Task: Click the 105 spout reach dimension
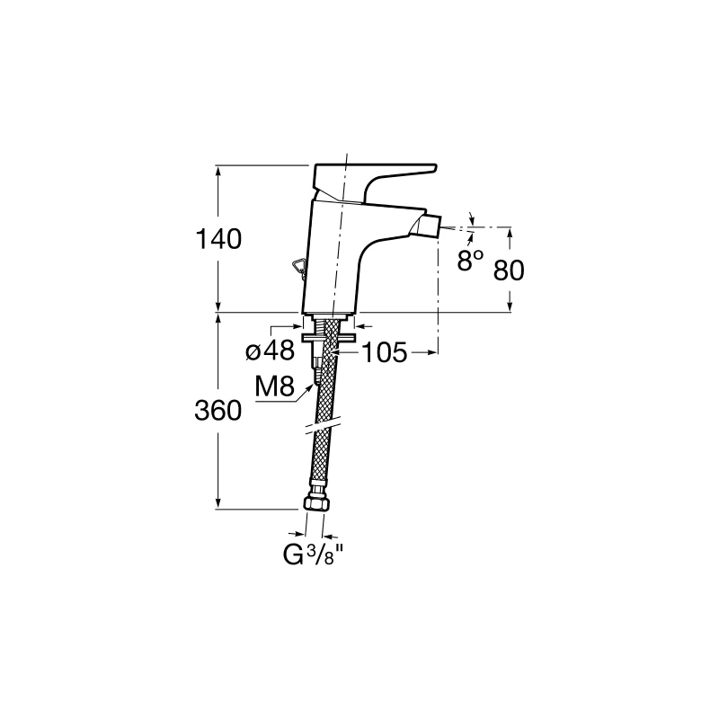coord(385,353)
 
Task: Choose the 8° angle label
coord(470,262)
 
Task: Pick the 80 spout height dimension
coord(509,269)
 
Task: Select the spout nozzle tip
coord(431,223)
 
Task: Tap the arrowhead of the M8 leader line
coord(315,381)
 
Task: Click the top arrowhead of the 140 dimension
coord(219,169)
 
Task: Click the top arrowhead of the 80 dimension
coord(510,229)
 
